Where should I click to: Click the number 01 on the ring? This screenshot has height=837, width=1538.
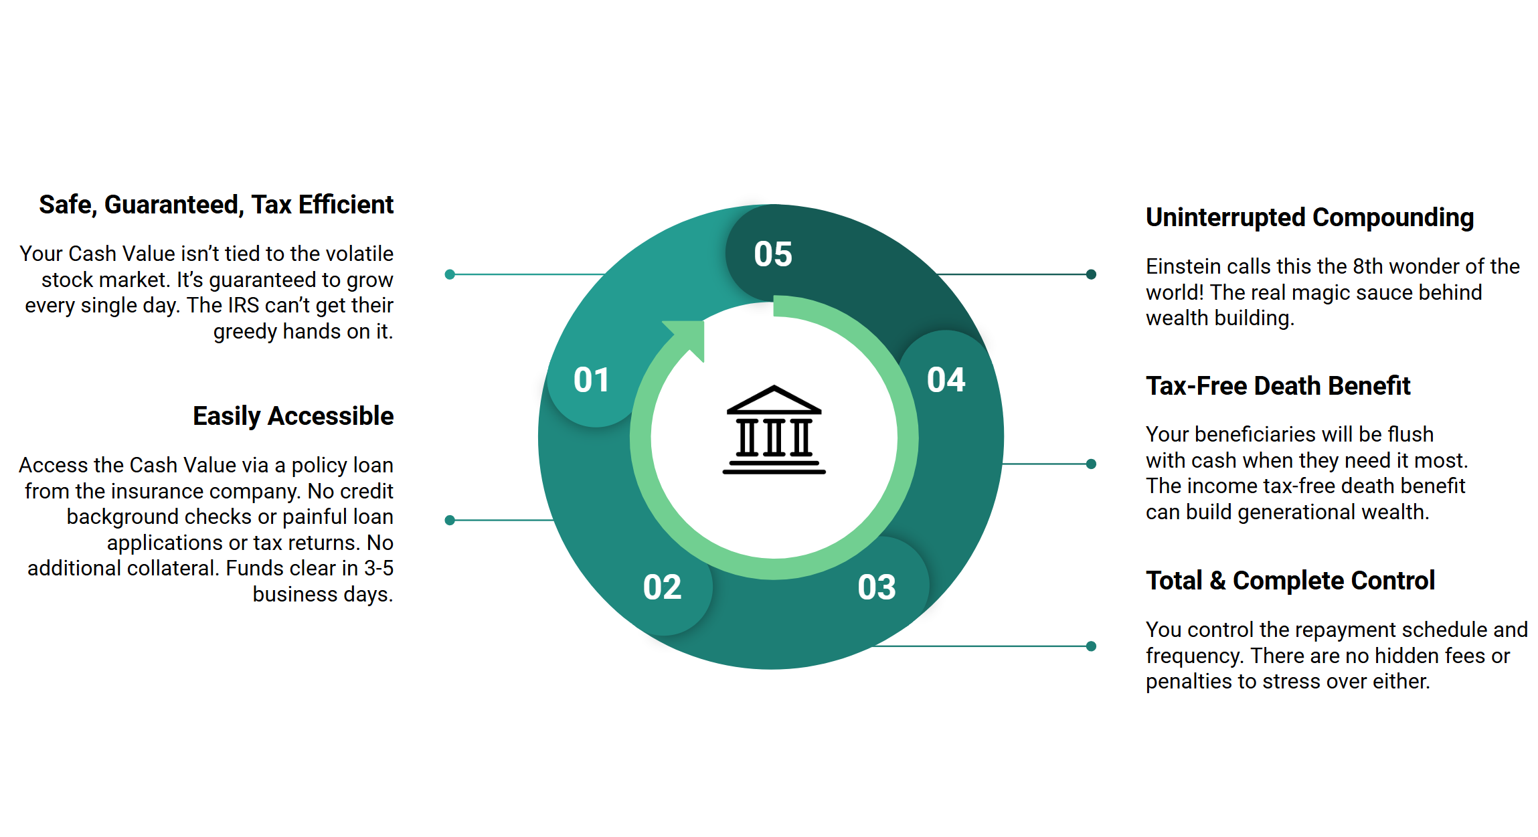coord(592,380)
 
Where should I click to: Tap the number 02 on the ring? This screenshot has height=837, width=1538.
coord(662,587)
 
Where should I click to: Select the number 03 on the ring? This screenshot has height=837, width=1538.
coord(877,587)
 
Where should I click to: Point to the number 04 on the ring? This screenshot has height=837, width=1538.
coord(946,380)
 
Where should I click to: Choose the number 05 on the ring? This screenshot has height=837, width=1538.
coord(773,254)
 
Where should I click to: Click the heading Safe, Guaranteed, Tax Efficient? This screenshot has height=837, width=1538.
coord(216,205)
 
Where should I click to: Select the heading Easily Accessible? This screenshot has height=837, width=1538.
coord(293,416)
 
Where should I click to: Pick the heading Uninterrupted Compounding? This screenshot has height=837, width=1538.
coord(1310,217)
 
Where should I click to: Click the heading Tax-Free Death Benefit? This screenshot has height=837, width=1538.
coord(1278,386)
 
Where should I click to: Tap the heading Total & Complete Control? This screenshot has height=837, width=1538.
coord(1290,581)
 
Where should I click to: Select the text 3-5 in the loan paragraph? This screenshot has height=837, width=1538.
coord(378,568)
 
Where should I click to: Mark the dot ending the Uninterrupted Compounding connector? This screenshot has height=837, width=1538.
coord(1091,274)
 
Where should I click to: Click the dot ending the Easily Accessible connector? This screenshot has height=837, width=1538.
coord(450,520)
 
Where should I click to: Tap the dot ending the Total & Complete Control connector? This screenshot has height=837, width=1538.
coord(1091,646)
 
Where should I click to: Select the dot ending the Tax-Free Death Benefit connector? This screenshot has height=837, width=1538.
coord(1091,464)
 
